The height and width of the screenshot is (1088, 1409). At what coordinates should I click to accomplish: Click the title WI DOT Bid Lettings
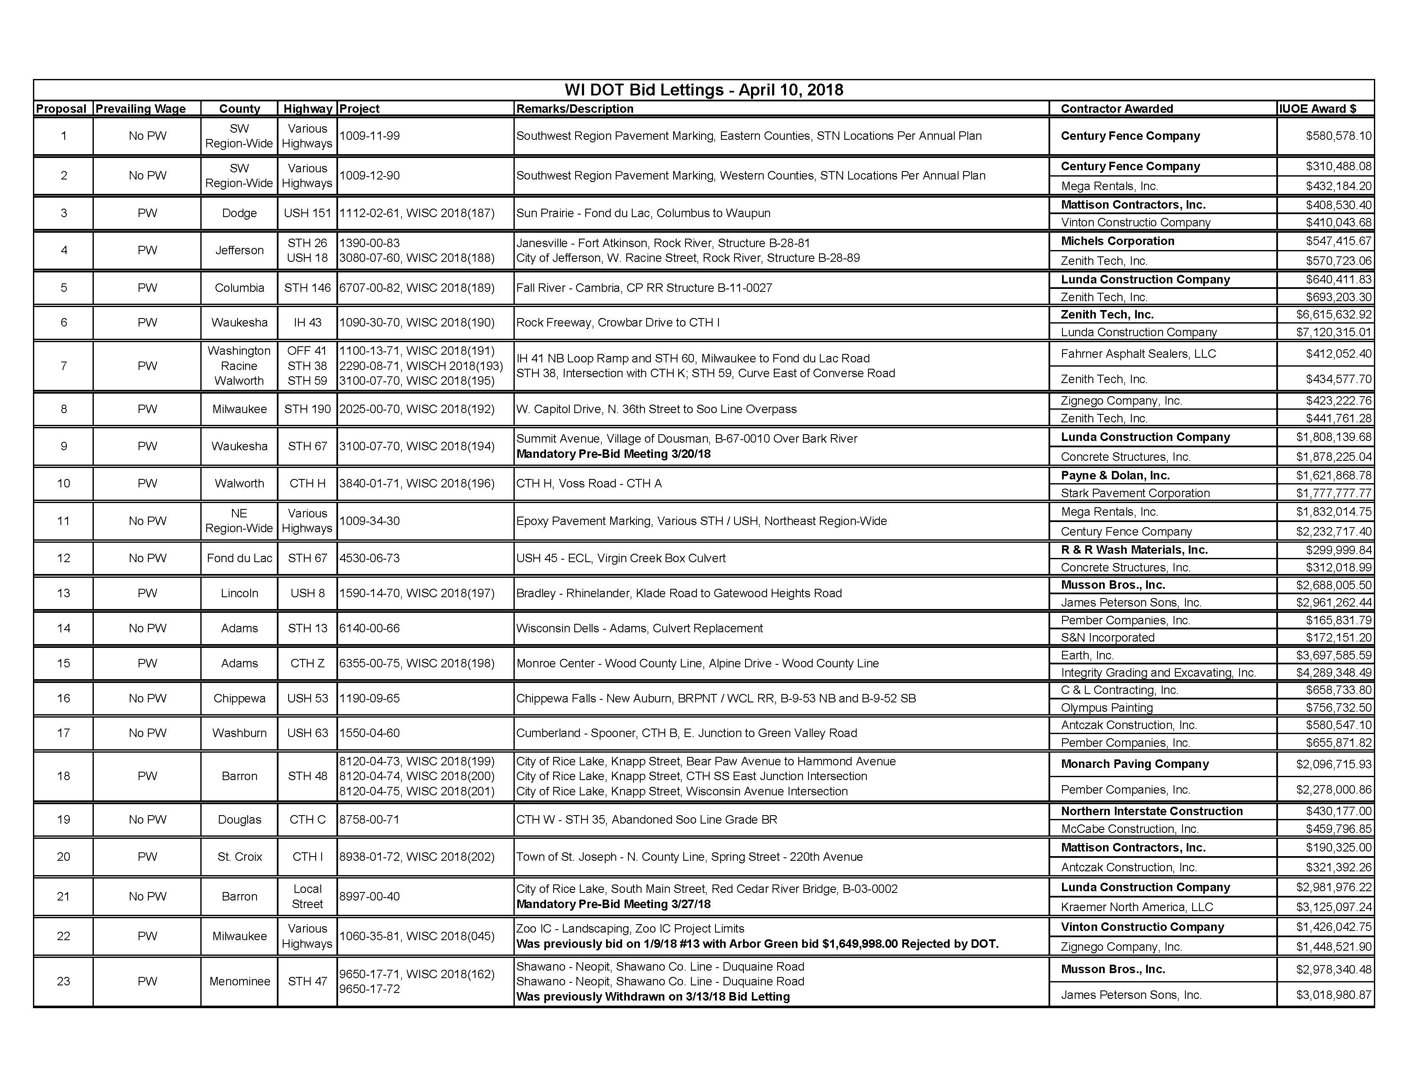tap(703, 90)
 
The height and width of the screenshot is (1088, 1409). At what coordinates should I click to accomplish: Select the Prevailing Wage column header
tap(141, 109)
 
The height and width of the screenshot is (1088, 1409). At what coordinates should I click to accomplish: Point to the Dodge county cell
tap(239, 213)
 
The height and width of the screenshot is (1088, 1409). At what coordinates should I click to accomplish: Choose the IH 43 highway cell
tap(307, 322)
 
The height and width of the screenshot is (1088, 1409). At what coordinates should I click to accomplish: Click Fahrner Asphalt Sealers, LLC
tap(1138, 354)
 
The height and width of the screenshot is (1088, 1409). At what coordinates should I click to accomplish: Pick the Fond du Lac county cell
tap(239, 558)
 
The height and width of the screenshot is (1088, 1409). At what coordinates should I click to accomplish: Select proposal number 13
tap(63, 593)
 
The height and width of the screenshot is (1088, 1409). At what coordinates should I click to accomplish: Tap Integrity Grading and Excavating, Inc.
tap(1158, 672)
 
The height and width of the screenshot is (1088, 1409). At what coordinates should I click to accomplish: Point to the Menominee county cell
tap(239, 981)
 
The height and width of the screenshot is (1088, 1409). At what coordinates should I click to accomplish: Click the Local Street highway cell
tap(307, 896)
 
